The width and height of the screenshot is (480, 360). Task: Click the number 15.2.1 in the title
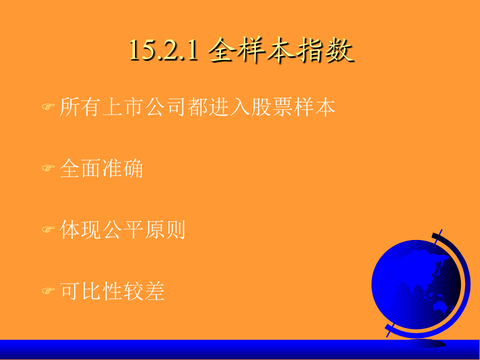pyautogui.click(x=164, y=50)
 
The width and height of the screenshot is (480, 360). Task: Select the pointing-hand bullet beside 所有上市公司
pyautogui.click(x=49, y=107)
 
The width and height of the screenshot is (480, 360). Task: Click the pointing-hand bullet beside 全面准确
pyautogui.click(x=49, y=168)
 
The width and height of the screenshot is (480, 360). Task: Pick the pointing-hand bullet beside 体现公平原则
pyautogui.click(x=49, y=229)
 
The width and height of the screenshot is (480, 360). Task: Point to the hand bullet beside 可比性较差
pyautogui.click(x=49, y=290)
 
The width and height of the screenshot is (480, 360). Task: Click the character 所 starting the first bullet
pyautogui.click(x=69, y=107)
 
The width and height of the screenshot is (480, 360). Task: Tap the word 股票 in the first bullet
pyautogui.click(x=271, y=107)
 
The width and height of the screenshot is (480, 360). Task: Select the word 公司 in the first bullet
pyautogui.click(x=165, y=107)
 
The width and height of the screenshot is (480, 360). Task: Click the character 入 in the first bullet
pyautogui.click(x=240, y=107)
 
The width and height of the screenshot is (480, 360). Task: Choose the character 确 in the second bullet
pyautogui.click(x=133, y=168)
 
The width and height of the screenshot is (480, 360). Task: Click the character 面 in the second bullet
pyautogui.click(x=91, y=168)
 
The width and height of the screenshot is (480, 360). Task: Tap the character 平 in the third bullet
pyautogui.click(x=133, y=229)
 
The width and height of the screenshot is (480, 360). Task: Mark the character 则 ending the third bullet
pyautogui.click(x=175, y=229)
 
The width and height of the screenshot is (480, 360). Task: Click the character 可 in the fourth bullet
pyautogui.click(x=69, y=291)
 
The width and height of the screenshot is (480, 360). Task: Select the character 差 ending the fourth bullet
pyautogui.click(x=155, y=291)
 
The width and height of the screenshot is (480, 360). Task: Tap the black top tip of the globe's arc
pyautogui.click(x=435, y=235)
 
